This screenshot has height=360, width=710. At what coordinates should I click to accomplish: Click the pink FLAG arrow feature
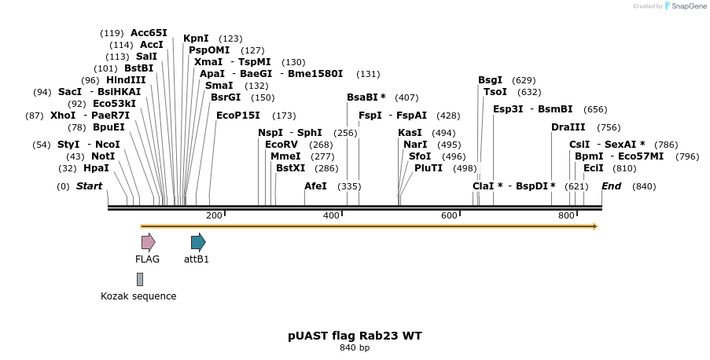pyautogui.click(x=148, y=242)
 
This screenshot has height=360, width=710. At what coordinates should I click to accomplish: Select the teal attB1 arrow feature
pyautogui.click(x=198, y=242)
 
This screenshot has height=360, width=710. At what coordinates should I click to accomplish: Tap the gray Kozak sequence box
pyautogui.click(x=140, y=279)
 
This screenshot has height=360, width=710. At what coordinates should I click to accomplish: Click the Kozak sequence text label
pyautogui.click(x=138, y=296)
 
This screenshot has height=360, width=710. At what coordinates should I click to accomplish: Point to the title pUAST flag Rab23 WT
pyautogui.click(x=355, y=336)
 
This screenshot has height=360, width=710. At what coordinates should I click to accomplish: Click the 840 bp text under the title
pyautogui.click(x=355, y=347)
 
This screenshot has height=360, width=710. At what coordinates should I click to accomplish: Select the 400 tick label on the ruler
pyautogui.click(x=331, y=215)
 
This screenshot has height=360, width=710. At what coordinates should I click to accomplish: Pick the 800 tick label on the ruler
pyautogui.click(x=566, y=215)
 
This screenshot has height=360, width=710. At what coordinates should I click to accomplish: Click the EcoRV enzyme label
pyautogui.click(x=281, y=145)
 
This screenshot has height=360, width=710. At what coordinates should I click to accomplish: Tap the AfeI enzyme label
pyautogui.click(x=315, y=186)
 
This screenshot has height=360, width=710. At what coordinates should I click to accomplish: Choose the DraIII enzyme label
pyautogui.click(x=568, y=127)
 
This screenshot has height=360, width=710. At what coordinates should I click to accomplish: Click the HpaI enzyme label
pyautogui.click(x=96, y=167)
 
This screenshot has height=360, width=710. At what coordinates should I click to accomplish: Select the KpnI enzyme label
pyautogui.click(x=196, y=38)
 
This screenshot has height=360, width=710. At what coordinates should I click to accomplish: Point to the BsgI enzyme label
pyautogui.click(x=490, y=79)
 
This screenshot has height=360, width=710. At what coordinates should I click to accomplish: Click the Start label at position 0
pyautogui.click(x=89, y=186)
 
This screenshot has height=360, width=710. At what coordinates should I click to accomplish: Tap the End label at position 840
pyautogui.click(x=611, y=186)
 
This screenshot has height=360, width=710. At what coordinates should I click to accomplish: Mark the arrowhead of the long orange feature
pyautogui.click(x=595, y=226)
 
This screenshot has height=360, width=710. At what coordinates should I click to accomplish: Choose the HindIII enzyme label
pyautogui.click(x=126, y=79)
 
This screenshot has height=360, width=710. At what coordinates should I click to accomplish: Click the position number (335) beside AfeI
pyautogui.click(x=349, y=186)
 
